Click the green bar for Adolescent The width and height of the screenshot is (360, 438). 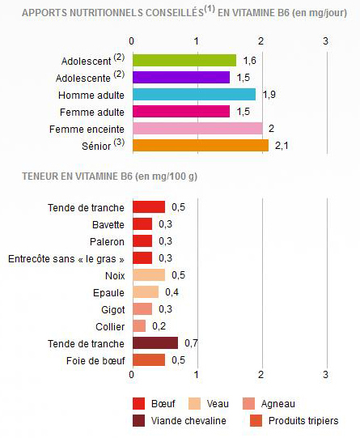tap(184, 61)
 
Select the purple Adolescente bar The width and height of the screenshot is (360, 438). tap(180, 78)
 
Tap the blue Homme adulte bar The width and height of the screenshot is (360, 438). tap(193, 95)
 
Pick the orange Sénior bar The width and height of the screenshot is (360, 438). tap(200, 146)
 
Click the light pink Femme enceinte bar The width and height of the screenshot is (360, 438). tap(197, 129)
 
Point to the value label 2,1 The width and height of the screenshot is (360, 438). tap(281, 146)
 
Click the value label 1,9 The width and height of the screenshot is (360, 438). tap(269, 95)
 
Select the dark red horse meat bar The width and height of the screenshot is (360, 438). tap(155, 343)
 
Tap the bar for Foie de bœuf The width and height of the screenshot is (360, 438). tap(148, 360)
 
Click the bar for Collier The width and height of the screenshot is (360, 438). tap(138, 326)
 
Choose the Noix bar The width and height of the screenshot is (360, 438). tap(148, 275)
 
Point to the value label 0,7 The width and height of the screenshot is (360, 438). tap(191, 343)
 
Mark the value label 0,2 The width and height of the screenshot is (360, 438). tap(159, 326)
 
